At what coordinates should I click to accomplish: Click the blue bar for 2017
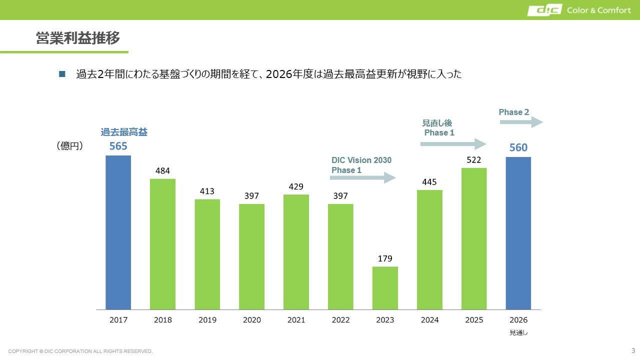[118, 232]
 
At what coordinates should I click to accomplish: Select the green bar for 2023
[385, 288]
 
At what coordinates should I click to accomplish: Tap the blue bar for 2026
[518, 233]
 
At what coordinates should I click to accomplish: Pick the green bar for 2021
[296, 252]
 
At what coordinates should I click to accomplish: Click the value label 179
[385, 258]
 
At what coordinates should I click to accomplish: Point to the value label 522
[474, 159]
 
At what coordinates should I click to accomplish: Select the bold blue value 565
[118, 146]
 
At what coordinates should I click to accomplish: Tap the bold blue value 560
[518, 147]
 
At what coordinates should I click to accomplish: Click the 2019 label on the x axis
[207, 320]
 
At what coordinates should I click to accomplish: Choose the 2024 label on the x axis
[429, 320]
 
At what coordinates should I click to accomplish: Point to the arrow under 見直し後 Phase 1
[453, 144]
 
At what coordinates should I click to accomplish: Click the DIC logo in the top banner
[544, 10]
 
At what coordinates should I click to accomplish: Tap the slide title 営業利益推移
[78, 38]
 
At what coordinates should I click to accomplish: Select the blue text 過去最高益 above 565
[124, 132]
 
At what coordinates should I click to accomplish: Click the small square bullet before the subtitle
[62, 74]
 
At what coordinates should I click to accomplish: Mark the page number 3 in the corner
[633, 349]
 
